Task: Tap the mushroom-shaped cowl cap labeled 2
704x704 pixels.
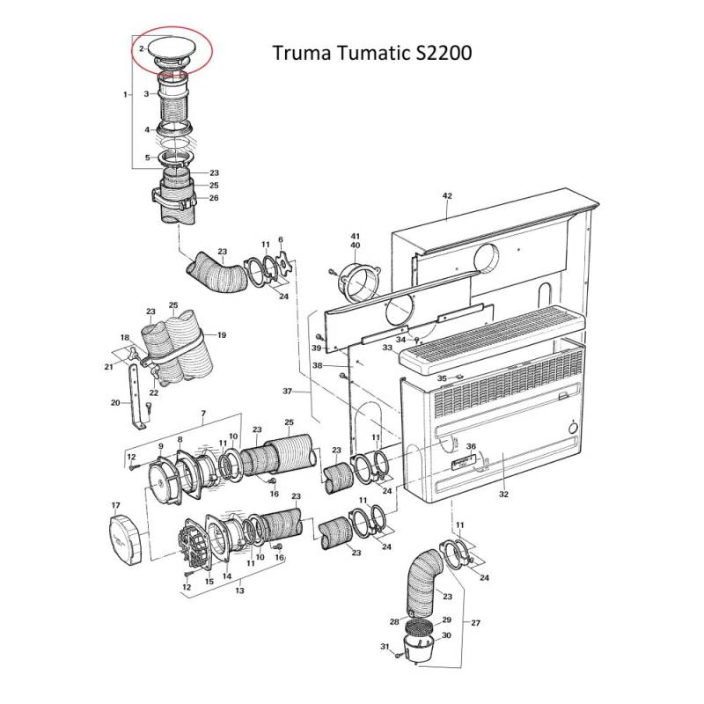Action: coord(174,49)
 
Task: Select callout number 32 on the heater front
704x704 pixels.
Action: coord(503,495)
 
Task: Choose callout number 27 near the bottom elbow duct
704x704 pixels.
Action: coord(476,623)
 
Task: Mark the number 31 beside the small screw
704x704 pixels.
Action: coord(385,648)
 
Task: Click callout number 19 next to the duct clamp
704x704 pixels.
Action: coord(222,334)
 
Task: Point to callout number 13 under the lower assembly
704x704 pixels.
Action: coord(239,591)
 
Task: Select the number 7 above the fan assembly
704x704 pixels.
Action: coord(203,413)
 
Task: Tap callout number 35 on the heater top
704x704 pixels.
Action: coord(443,378)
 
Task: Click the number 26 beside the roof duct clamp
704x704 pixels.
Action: coord(213,198)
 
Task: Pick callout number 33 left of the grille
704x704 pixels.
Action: coord(386,348)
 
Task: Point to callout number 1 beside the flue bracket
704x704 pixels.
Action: coord(127,93)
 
